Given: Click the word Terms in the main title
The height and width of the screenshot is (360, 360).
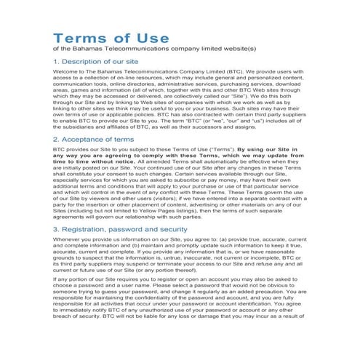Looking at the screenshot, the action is click(83, 38).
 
